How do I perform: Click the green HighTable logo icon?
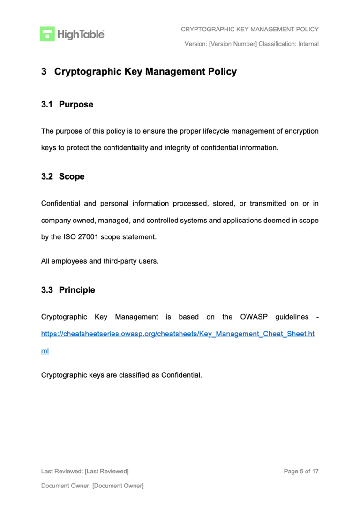(47, 34)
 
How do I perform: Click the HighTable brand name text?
(81, 34)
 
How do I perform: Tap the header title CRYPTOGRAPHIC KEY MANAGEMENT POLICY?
(249, 29)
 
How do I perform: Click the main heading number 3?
(44, 72)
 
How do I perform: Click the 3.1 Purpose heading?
(67, 105)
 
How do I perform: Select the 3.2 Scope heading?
(63, 177)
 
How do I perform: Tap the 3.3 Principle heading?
(68, 290)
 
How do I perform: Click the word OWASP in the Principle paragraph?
(254, 317)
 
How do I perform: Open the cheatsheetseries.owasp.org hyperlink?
(178, 334)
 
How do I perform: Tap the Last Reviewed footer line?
(85, 471)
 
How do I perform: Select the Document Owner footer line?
(92, 486)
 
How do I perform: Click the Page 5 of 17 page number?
(301, 471)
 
